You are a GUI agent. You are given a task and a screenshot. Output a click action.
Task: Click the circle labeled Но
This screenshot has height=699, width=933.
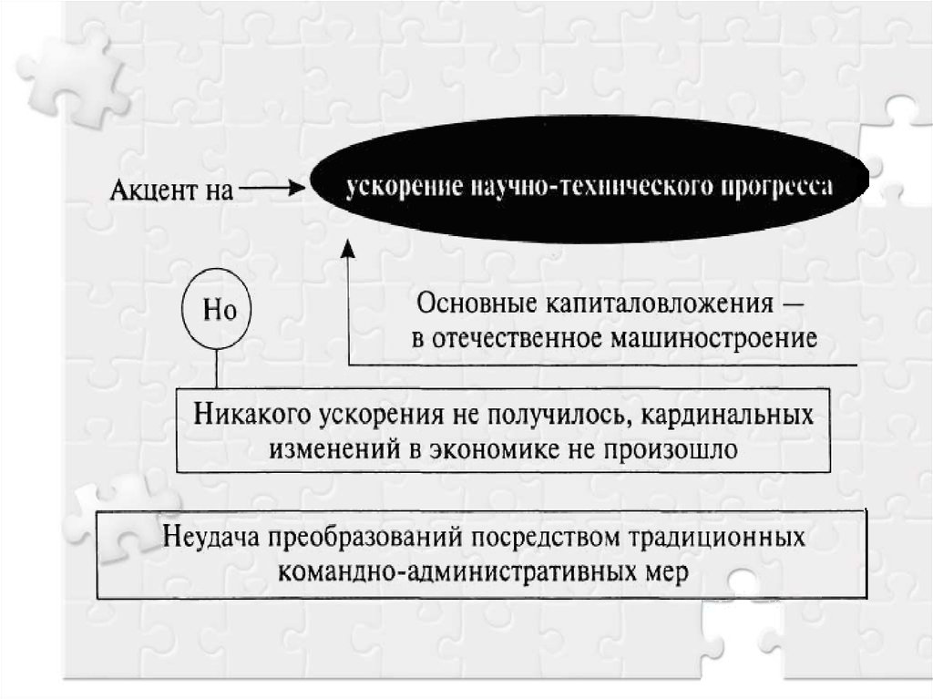pyautogui.click(x=219, y=310)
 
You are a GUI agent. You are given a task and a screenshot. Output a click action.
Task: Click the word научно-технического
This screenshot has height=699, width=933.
pyautogui.click(x=572, y=188)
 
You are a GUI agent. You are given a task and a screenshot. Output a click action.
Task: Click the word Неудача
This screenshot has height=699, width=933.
pyautogui.click(x=211, y=537)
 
